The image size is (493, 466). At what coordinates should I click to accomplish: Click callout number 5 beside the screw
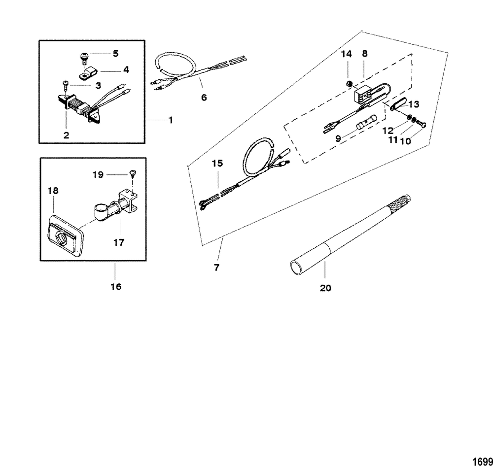pos(115,53)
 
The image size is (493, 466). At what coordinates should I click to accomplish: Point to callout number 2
pos(66,134)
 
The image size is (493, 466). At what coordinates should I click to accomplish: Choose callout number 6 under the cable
pos(204,97)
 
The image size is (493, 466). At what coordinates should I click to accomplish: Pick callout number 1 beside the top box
pos(171,120)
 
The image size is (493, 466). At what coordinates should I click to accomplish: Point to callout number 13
pos(413,104)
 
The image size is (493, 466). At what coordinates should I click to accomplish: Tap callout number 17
pos(118,242)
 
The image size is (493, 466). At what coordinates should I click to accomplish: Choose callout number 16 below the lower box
pos(115,287)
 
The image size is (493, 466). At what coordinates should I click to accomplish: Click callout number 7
pos(217,267)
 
